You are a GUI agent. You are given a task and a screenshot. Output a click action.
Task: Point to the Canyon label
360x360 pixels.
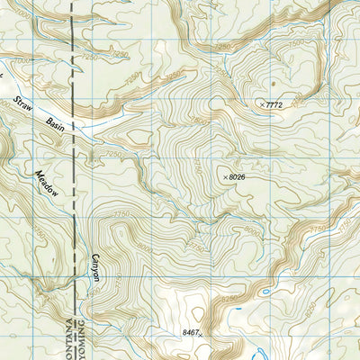click(94, 274)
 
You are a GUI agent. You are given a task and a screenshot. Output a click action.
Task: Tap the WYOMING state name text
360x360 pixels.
click(82, 335)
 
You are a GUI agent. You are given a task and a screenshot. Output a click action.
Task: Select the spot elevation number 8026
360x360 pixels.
click(237, 177)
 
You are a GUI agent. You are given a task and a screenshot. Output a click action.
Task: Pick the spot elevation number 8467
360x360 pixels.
click(188, 333)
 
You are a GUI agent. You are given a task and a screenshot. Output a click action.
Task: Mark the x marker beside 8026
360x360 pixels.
click(225, 177)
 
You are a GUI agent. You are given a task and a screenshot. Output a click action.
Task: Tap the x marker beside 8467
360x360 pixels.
click(202, 335)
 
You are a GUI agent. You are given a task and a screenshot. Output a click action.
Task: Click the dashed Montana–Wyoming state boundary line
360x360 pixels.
click(72, 180)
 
